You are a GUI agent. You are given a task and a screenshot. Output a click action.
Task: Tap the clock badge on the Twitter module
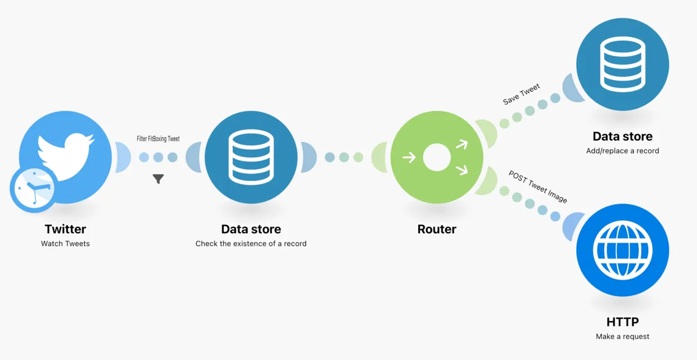33,190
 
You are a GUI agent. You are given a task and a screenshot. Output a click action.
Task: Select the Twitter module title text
65,229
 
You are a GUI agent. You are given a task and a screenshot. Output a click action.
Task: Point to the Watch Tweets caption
65,243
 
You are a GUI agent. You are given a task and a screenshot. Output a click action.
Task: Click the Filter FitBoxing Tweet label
158,139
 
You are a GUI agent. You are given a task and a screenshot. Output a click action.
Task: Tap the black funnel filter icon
158,179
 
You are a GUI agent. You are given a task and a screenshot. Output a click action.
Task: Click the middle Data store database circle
251,157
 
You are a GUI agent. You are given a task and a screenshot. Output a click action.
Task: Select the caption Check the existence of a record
251,243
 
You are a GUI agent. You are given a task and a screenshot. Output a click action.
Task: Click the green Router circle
437,157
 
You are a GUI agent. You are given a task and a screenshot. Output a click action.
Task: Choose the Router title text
437,229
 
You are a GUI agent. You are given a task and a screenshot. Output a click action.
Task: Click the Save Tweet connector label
522,94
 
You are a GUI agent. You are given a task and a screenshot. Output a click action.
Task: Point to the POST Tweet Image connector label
538,186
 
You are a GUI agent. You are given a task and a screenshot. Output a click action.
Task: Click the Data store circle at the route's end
623,64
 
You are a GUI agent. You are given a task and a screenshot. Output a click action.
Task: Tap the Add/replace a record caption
623,150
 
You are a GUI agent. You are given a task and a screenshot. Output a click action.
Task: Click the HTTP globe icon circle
623,250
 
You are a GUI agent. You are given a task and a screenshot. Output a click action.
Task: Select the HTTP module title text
623,322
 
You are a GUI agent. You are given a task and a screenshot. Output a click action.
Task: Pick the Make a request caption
623,336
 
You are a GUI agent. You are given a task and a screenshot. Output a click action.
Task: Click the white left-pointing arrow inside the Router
409,157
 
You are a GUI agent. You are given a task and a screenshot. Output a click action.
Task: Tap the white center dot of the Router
437,157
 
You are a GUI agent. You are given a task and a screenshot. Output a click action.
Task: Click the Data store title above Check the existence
251,229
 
